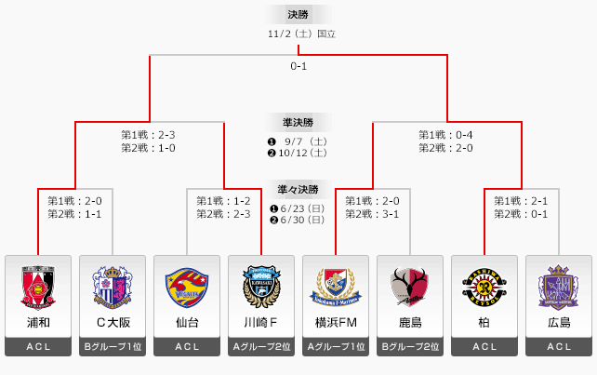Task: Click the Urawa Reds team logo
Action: (38, 287)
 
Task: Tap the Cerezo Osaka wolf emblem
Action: (113, 287)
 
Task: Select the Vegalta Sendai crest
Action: (187, 287)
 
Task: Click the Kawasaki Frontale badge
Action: (261, 287)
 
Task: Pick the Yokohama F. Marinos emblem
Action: (336, 287)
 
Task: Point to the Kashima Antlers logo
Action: (410, 287)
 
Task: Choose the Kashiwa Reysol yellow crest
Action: (484, 287)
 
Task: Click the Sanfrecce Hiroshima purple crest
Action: (559, 287)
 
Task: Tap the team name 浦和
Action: (38, 322)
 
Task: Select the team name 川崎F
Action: (261, 322)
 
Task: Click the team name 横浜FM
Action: (336, 322)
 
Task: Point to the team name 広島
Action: (559, 322)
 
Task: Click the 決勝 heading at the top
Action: (298, 14)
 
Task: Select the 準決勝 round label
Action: (298, 122)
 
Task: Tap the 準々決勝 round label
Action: (298, 188)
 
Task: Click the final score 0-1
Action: (298, 67)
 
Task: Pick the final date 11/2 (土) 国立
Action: (298, 34)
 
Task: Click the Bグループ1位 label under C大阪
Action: (113, 347)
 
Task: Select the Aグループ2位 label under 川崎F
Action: (261, 347)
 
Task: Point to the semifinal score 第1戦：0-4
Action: (445, 135)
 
